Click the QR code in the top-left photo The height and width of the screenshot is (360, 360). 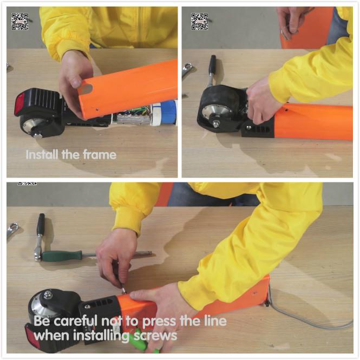pyautogui.click(x=19, y=22)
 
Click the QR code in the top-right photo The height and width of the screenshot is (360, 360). pyautogui.click(x=200, y=22)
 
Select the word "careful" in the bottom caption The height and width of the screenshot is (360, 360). pyautogui.click(x=75, y=320)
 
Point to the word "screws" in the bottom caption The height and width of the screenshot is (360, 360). pyautogui.click(x=155, y=336)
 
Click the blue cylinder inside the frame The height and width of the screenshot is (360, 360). pyautogui.click(x=168, y=113)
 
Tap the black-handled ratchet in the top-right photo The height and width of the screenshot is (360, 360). pyautogui.click(x=212, y=70)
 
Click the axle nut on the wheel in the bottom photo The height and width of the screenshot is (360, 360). pyautogui.click(x=48, y=294)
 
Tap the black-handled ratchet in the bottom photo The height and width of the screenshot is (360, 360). pyautogui.click(x=40, y=237)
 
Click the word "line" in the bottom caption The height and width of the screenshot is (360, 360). pyautogui.click(x=215, y=320)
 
